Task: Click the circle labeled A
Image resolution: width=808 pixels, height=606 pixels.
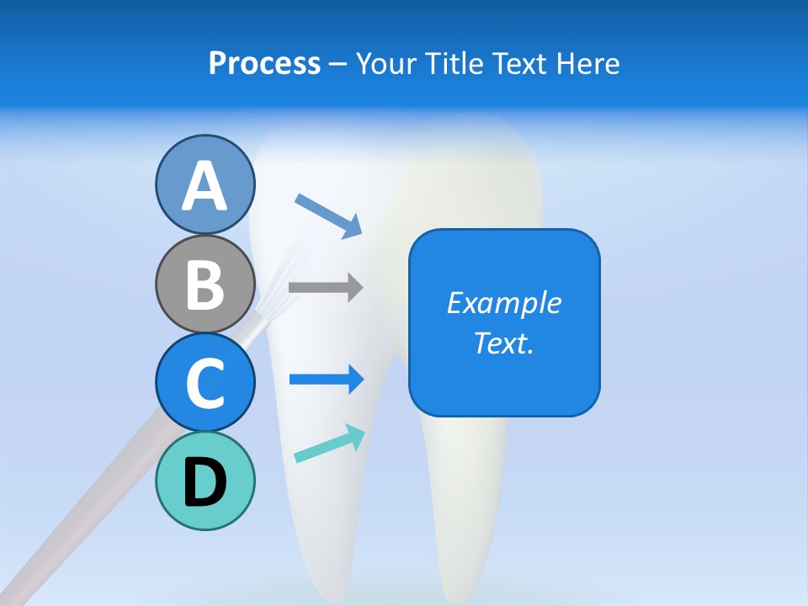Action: [x=205, y=184]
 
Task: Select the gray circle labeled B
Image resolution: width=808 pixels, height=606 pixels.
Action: [x=205, y=284]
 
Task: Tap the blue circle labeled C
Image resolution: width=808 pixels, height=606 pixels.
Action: [x=205, y=382]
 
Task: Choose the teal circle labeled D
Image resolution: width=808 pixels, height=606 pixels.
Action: [x=205, y=481]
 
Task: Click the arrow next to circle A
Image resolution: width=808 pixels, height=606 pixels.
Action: [x=328, y=215]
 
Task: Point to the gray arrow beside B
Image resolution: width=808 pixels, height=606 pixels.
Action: [x=326, y=287]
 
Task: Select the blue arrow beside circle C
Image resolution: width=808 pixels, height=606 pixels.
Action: [x=327, y=380]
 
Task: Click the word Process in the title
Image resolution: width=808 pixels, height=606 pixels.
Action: [x=264, y=63]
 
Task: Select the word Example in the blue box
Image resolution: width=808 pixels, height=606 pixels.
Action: [x=503, y=303]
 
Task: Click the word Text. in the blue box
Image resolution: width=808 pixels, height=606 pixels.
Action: [x=503, y=343]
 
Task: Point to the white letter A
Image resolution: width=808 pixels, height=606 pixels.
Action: [x=205, y=186]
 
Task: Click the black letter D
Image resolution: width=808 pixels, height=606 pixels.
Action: [x=205, y=482]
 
